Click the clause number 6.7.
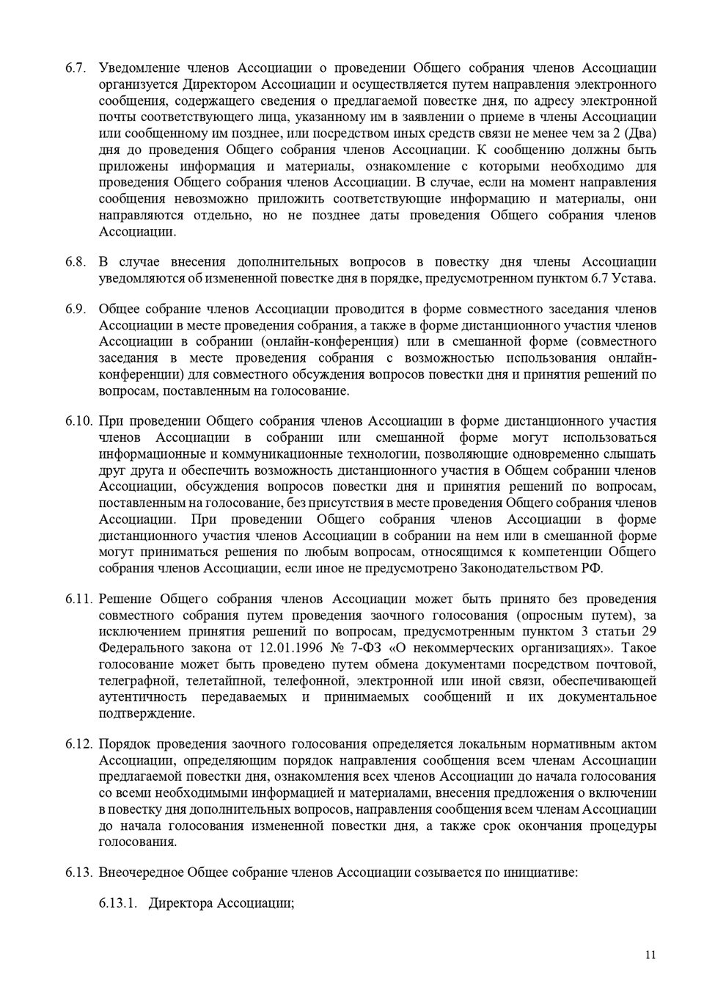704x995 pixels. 76,68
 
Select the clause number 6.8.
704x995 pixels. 76,262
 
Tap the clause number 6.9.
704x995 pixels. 76,309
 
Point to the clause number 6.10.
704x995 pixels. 78,421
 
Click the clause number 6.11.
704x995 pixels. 78,599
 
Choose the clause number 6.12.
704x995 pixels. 78,744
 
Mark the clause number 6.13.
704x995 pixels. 78,872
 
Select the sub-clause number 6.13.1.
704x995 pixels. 119,903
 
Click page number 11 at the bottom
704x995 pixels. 650,955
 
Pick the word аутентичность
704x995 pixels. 143,697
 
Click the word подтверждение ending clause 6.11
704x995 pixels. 147,713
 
